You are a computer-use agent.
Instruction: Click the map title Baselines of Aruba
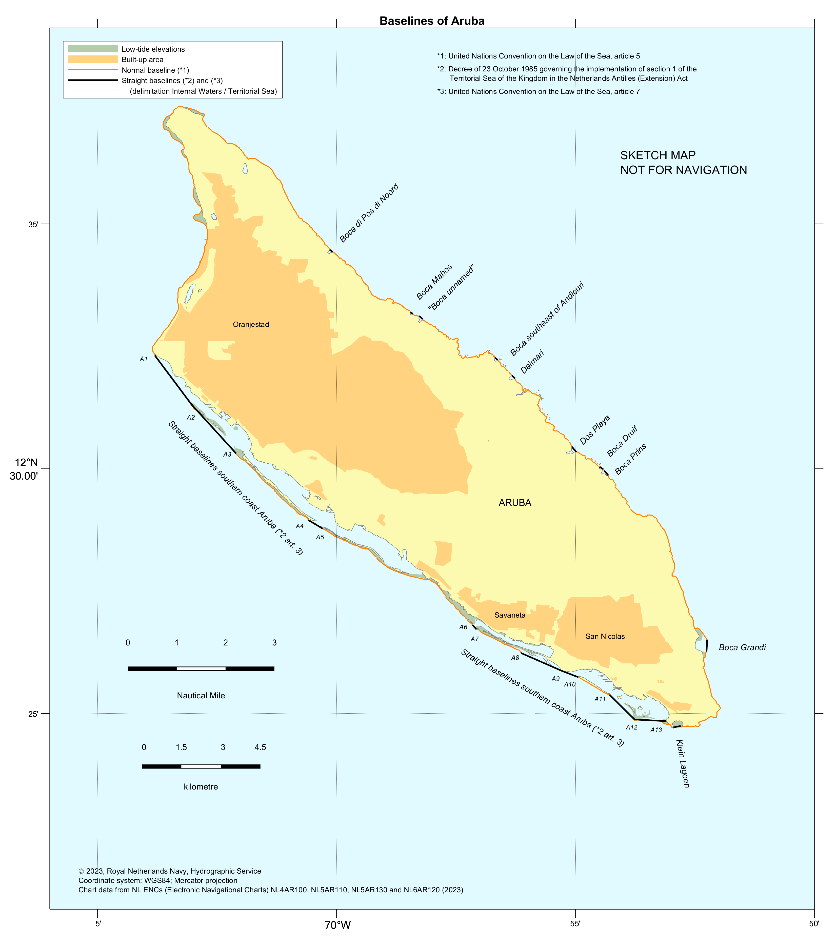point(432,21)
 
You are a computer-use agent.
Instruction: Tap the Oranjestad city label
point(251,324)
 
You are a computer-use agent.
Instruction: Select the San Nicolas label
point(605,636)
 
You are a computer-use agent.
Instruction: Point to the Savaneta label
point(510,615)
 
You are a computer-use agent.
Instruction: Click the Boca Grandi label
point(742,647)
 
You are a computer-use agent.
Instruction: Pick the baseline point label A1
point(143,359)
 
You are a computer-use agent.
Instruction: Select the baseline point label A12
point(631,727)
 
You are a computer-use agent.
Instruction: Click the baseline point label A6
point(463,627)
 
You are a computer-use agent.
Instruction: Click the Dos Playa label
point(595,430)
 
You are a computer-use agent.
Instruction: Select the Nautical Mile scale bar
point(201,668)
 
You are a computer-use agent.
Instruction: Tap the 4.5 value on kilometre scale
point(260,747)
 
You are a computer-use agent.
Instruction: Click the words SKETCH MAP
point(658,155)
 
